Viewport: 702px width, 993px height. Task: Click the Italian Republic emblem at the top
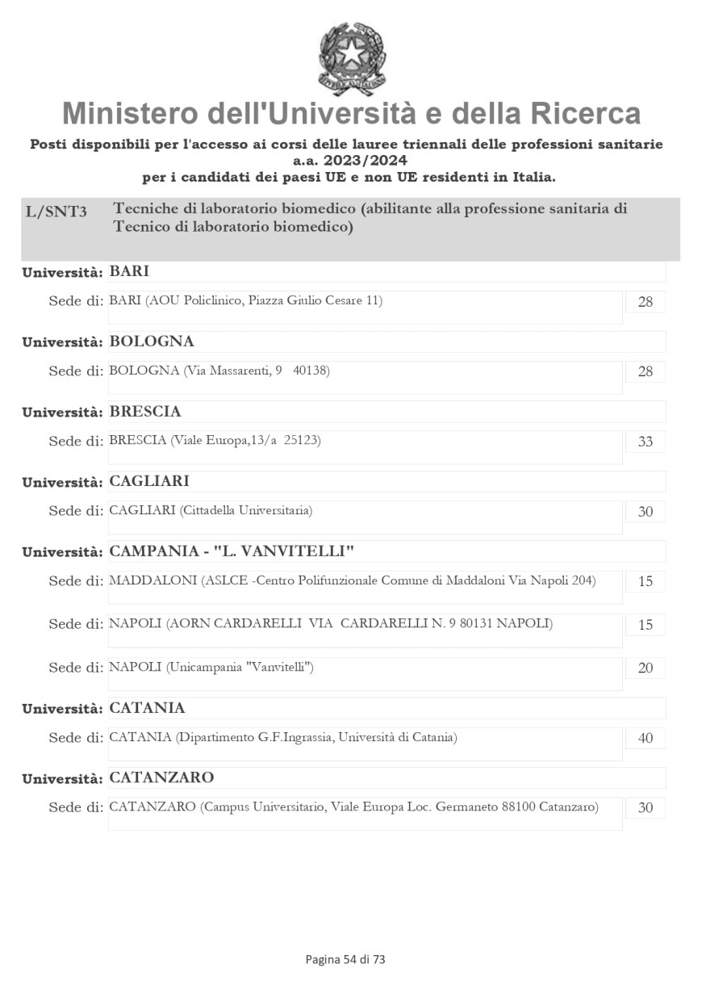click(x=352, y=58)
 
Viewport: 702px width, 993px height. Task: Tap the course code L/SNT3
click(x=56, y=212)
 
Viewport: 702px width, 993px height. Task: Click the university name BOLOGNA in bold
click(x=152, y=341)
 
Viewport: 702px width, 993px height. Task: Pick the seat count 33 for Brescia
click(x=645, y=442)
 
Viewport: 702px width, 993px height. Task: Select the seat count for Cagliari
click(x=645, y=512)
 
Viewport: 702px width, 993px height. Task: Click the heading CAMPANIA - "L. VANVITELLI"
click(x=232, y=551)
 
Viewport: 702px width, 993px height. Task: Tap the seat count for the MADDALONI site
click(x=645, y=582)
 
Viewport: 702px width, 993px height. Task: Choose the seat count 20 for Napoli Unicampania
click(x=645, y=668)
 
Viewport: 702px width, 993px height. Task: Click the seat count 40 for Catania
click(x=645, y=738)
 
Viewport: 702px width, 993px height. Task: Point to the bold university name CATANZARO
click(x=161, y=777)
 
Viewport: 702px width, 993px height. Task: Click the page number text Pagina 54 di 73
click(x=345, y=959)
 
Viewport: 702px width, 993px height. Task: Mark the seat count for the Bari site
click(x=645, y=302)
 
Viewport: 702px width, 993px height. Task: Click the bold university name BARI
click(x=129, y=271)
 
